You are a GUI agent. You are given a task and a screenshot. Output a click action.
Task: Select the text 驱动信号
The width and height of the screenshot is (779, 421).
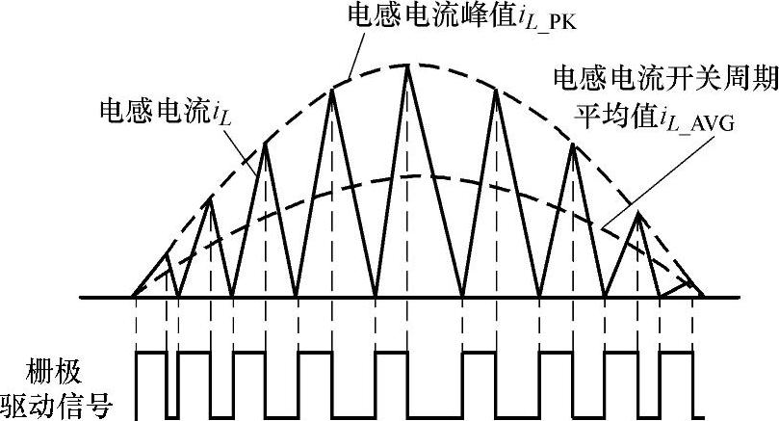(59, 405)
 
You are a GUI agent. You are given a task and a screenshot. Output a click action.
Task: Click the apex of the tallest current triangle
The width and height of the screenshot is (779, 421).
(409, 65)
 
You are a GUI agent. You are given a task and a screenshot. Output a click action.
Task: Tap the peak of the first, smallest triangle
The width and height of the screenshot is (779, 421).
(168, 254)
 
